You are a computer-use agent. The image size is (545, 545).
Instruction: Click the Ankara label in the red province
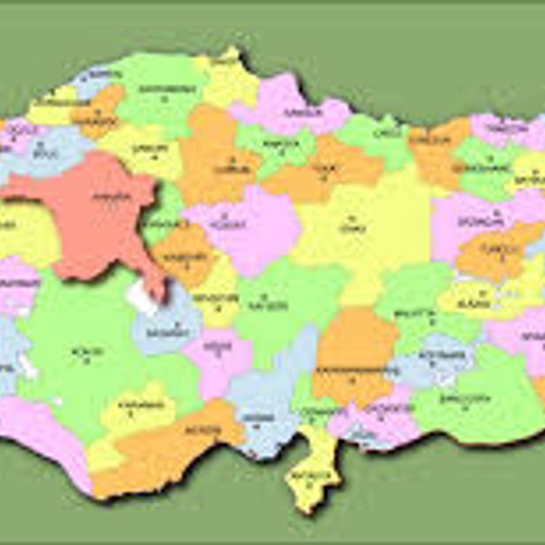pos(112,196)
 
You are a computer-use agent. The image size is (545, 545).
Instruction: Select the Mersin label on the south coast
pos(206,430)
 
